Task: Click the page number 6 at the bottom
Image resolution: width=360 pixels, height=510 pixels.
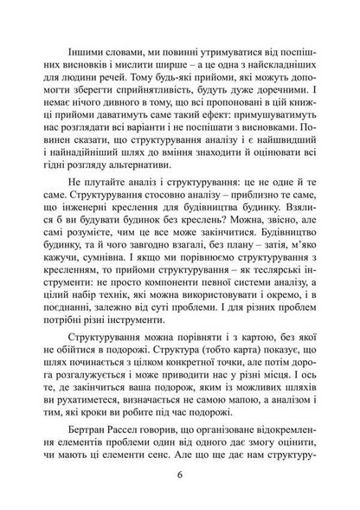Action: point(180,475)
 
